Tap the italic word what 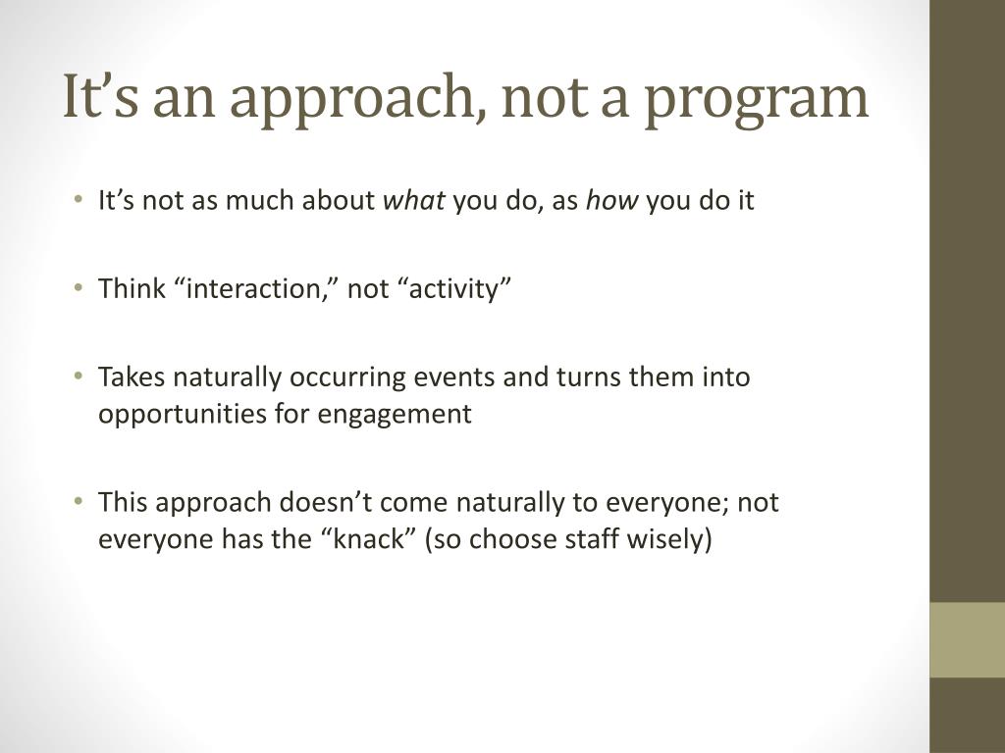coord(413,202)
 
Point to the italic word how coord(612,202)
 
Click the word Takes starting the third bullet coord(128,377)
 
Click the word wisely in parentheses coord(671,539)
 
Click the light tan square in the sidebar coord(967,640)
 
